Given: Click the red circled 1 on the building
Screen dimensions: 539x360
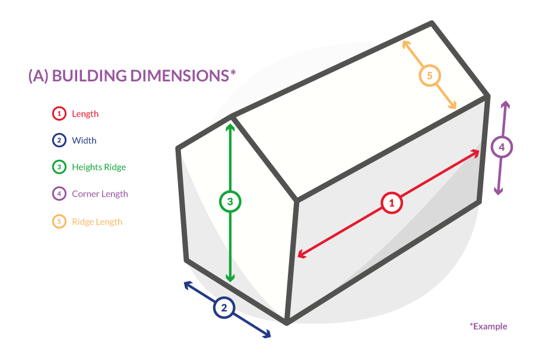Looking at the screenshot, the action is coord(392,203).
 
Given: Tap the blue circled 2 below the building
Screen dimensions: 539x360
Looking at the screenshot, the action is coord(224,307).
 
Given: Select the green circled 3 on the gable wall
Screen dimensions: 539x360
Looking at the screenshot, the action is coord(230,201).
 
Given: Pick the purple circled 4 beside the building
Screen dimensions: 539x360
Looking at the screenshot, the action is coord(502,147).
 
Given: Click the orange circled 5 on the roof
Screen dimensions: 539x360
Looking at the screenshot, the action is coord(430,75).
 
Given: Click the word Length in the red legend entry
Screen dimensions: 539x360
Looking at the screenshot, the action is coord(85,114).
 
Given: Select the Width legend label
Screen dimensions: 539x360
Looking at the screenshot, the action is coord(84,140).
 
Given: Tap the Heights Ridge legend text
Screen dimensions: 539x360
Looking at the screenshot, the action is coord(99,168).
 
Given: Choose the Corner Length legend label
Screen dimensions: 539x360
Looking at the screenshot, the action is coord(100,194).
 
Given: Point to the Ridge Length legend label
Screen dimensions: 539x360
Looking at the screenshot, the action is coord(97,222).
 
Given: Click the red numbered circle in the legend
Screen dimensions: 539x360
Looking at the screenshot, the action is coord(59,113).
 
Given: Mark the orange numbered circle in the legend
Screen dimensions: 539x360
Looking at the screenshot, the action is coord(59,222).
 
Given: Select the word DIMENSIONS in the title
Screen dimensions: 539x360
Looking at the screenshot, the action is coord(180,75).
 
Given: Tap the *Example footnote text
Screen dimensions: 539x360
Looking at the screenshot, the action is coord(489,326).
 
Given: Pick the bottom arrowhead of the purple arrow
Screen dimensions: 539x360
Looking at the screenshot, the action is coord(499,192).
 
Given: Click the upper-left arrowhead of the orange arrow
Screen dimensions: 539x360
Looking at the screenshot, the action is coord(405,43).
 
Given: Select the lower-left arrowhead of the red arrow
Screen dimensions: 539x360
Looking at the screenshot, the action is coord(300,255).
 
